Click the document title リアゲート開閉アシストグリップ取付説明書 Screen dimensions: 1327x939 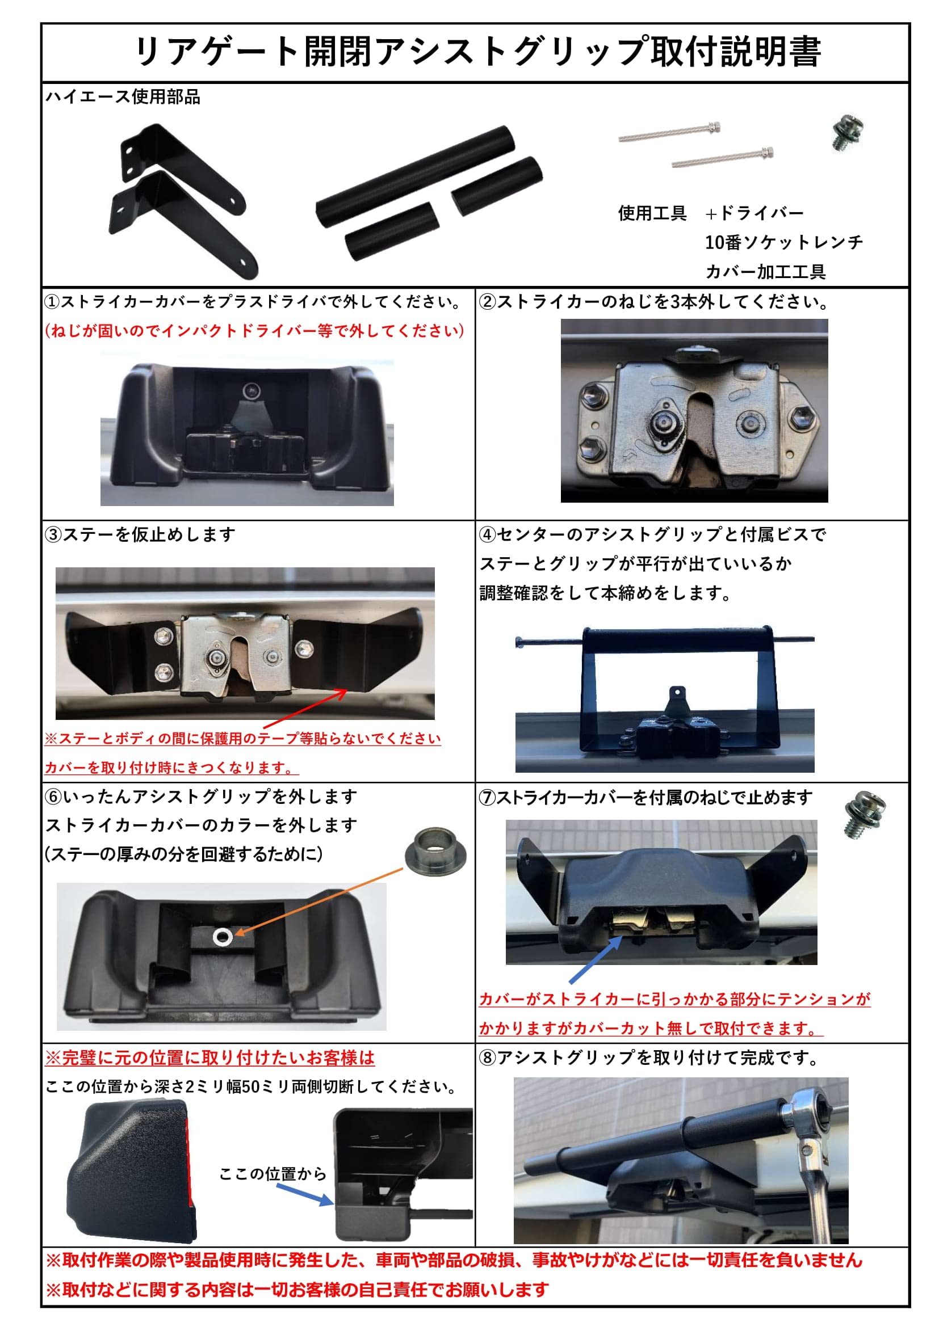tap(477, 53)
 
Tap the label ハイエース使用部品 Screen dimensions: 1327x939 tap(123, 97)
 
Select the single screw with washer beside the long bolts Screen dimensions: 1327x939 tap(847, 133)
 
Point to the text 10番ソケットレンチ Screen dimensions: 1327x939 tap(783, 242)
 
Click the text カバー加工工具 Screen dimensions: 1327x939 tap(765, 272)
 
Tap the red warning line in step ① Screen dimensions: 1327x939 tap(254, 331)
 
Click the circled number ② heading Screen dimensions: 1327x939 tap(488, 302)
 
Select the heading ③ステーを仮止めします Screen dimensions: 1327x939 tap(140, 534)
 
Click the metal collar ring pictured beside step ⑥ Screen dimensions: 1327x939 tap(435, 851)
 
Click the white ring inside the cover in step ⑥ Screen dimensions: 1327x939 tap(222, 937)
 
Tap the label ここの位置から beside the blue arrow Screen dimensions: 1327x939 tap(273, 1174)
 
